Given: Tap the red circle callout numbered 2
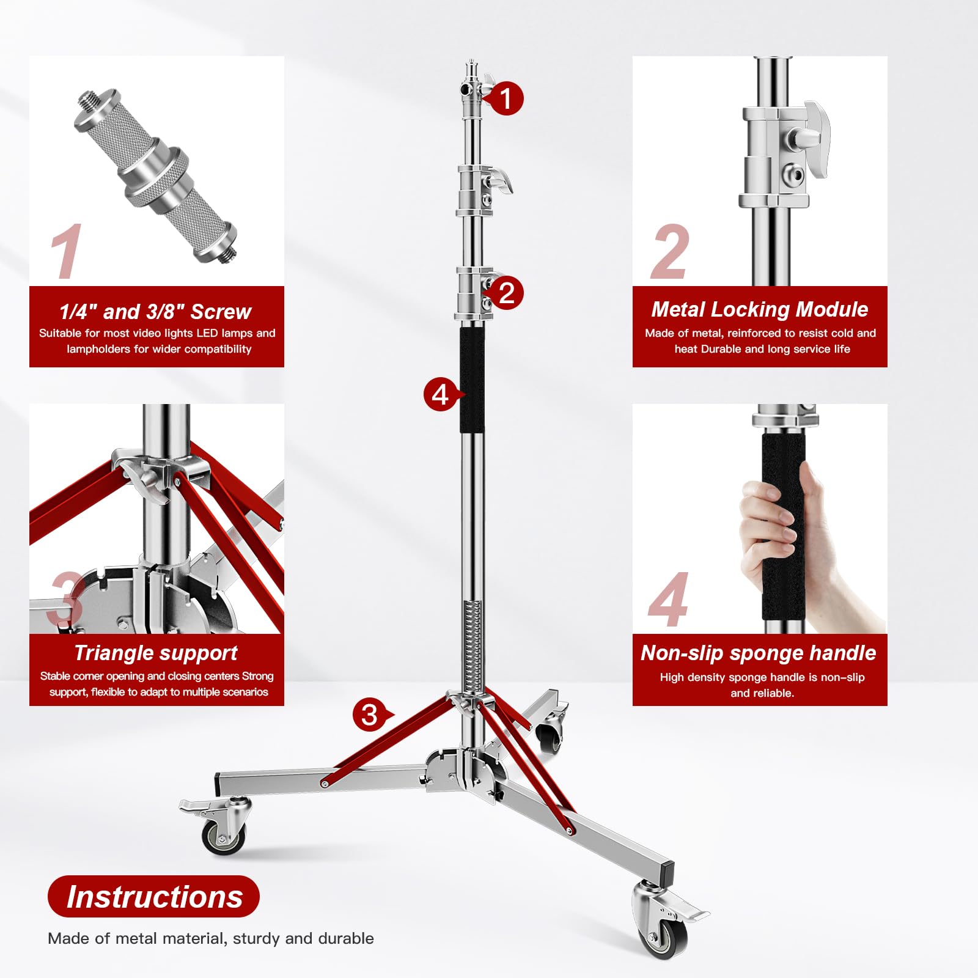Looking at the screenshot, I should (x=506, y=293).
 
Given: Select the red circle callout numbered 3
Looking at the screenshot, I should (x=370, y=715).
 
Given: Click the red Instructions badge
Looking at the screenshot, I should (x=154, y=897).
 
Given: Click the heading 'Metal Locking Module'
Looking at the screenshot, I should (x=759, y=309).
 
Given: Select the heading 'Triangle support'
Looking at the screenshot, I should (x=156, y=653).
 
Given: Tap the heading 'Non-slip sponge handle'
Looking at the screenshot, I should (x=758, y=653).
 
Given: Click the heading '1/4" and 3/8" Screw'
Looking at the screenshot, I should (x=155, y=312).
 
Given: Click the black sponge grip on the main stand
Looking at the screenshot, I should (x=472, y=379).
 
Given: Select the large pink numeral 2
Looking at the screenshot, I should (x=670, y=252).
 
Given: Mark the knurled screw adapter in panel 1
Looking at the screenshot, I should (x=156, y=177).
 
